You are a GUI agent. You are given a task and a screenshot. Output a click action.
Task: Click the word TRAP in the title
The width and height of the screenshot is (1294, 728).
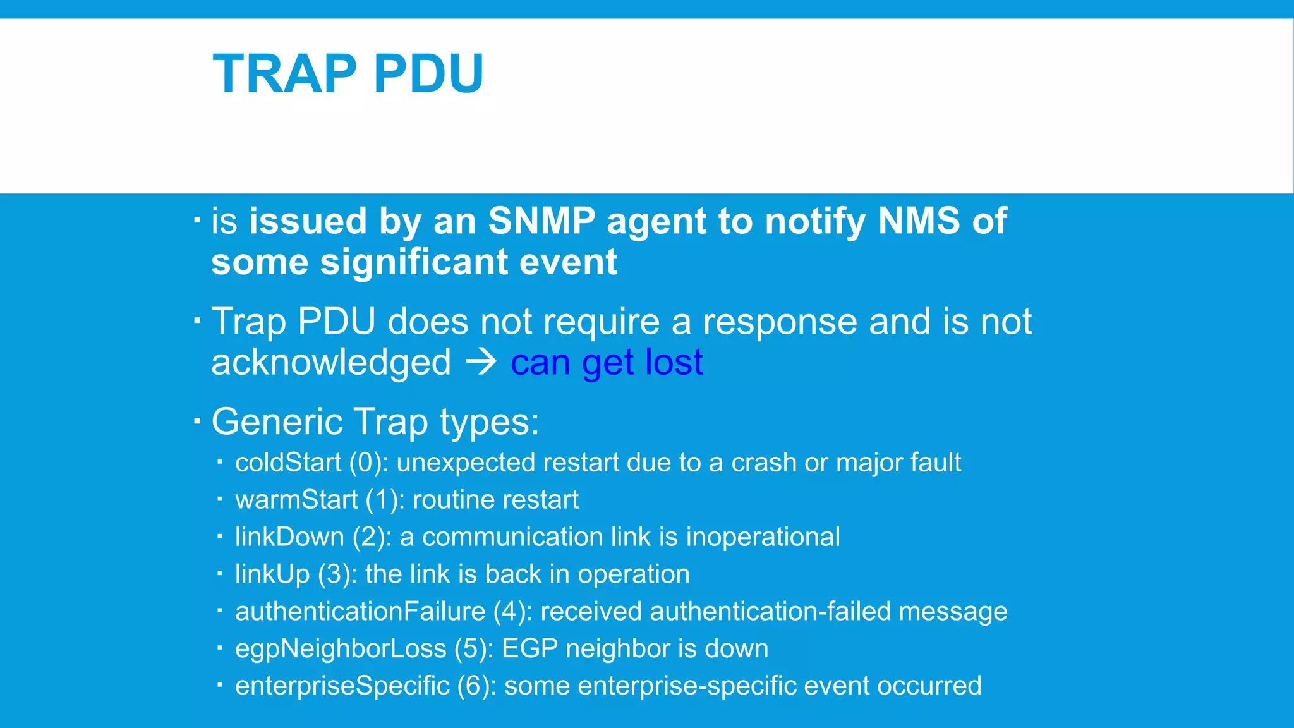[285, 74]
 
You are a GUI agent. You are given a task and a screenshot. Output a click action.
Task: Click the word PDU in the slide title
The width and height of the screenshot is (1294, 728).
[428, 74]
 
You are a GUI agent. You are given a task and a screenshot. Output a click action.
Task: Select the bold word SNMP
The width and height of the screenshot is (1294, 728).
[541, 221]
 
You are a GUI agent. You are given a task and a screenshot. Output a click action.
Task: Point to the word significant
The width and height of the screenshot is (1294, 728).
[414, 262]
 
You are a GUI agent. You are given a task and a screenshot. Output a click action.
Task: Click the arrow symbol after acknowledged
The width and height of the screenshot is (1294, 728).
[481, 363]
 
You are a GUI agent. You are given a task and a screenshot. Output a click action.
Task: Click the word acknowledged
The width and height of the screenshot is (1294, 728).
[331, 363]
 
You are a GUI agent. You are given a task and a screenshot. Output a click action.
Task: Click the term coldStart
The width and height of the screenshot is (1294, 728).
[288, 463]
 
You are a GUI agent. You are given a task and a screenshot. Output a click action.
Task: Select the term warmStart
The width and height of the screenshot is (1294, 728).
[296, 500]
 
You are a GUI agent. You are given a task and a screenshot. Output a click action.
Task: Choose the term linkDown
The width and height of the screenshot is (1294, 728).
[289, 537]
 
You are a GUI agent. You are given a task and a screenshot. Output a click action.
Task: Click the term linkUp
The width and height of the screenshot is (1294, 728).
[272, 574]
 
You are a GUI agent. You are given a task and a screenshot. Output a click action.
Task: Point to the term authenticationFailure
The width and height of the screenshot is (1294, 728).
[360, 612]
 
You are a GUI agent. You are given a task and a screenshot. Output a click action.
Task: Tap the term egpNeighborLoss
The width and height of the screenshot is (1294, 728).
[341, 649]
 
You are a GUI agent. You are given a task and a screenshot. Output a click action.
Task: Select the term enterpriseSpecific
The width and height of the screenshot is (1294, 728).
[342, 686]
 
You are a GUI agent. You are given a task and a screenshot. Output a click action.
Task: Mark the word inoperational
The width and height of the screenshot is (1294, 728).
[763, 537]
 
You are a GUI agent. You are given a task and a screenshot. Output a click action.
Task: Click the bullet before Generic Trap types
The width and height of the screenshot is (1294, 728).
[197, 420]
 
